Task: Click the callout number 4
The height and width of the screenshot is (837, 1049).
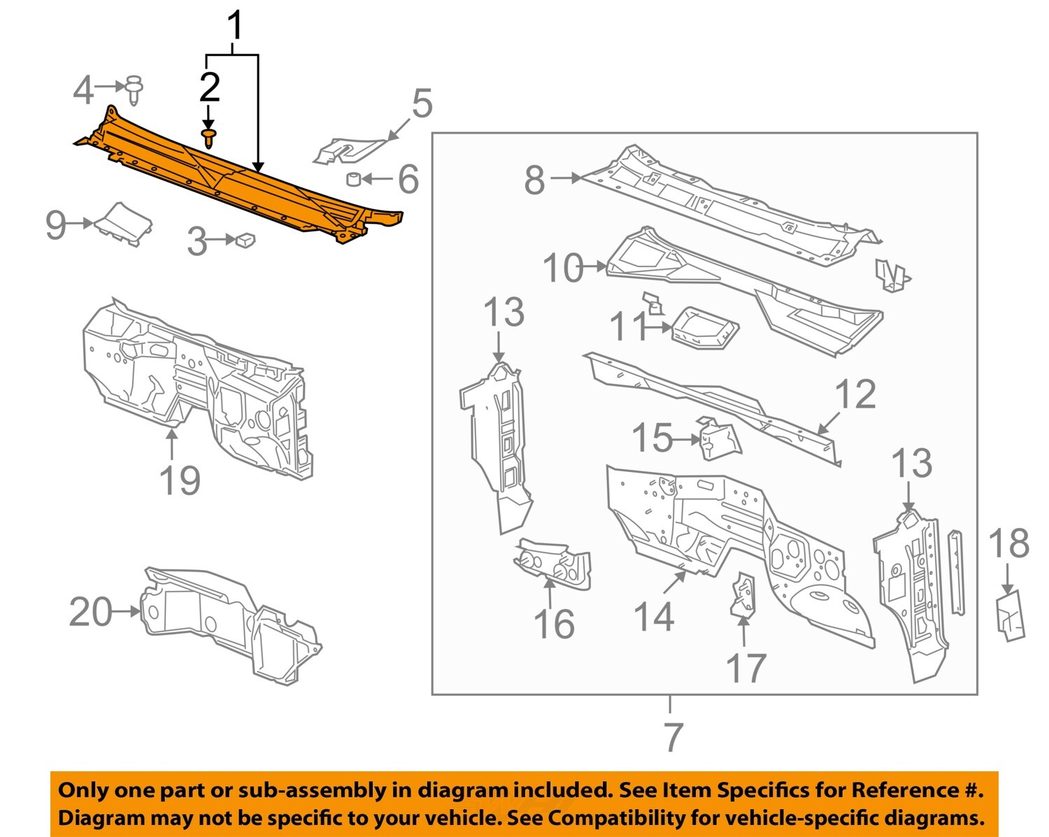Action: click(x=83, y=90)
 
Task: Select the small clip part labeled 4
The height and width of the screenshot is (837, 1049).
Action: click(x=134, y=89)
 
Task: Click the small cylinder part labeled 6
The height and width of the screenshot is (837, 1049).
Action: click(x=354, y=180)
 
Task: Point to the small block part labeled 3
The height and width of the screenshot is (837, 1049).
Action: click(x=245, y=240)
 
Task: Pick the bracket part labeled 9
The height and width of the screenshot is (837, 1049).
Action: click(x=124, y=223)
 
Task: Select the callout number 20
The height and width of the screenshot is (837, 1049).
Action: click(x=91, y=612)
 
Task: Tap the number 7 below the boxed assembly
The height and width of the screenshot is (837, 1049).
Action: click(x=672, y=736)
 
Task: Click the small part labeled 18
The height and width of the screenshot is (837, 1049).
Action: click(x=1010, y=615)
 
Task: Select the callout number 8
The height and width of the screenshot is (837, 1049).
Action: click(x=534, y=180)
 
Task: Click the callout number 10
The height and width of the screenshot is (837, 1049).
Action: click(x=563, y=267)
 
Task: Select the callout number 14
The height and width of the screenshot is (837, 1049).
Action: click(x=653, y=617)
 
